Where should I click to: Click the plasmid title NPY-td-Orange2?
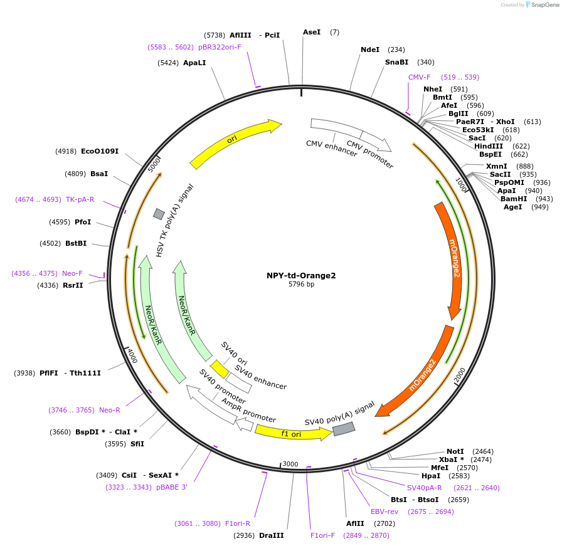(x=301, y=275)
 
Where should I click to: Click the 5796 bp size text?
(x=301, y=285)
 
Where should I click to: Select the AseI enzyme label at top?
(x=312, y=32)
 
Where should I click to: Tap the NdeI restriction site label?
(x=370, y=50)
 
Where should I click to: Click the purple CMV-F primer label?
(x=420, y=77)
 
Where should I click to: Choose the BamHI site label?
(x=514, y=199)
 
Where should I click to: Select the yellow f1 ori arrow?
(x=292, y=433)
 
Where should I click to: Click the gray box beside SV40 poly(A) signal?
(x=343, y=429)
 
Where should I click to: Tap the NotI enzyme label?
(x=455, y=451)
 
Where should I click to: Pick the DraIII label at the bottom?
(x=271, y=535)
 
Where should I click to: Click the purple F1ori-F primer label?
(x=322, y=535)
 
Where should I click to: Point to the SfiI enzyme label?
(x=137, y=444)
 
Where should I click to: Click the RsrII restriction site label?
(x=73, y=285)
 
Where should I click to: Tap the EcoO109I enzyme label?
(x=100, y=151)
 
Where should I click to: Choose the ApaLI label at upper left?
(x=194, y=63)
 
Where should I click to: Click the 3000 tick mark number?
(x=290, y=464)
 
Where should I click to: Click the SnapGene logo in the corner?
(x=538, y=5)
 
